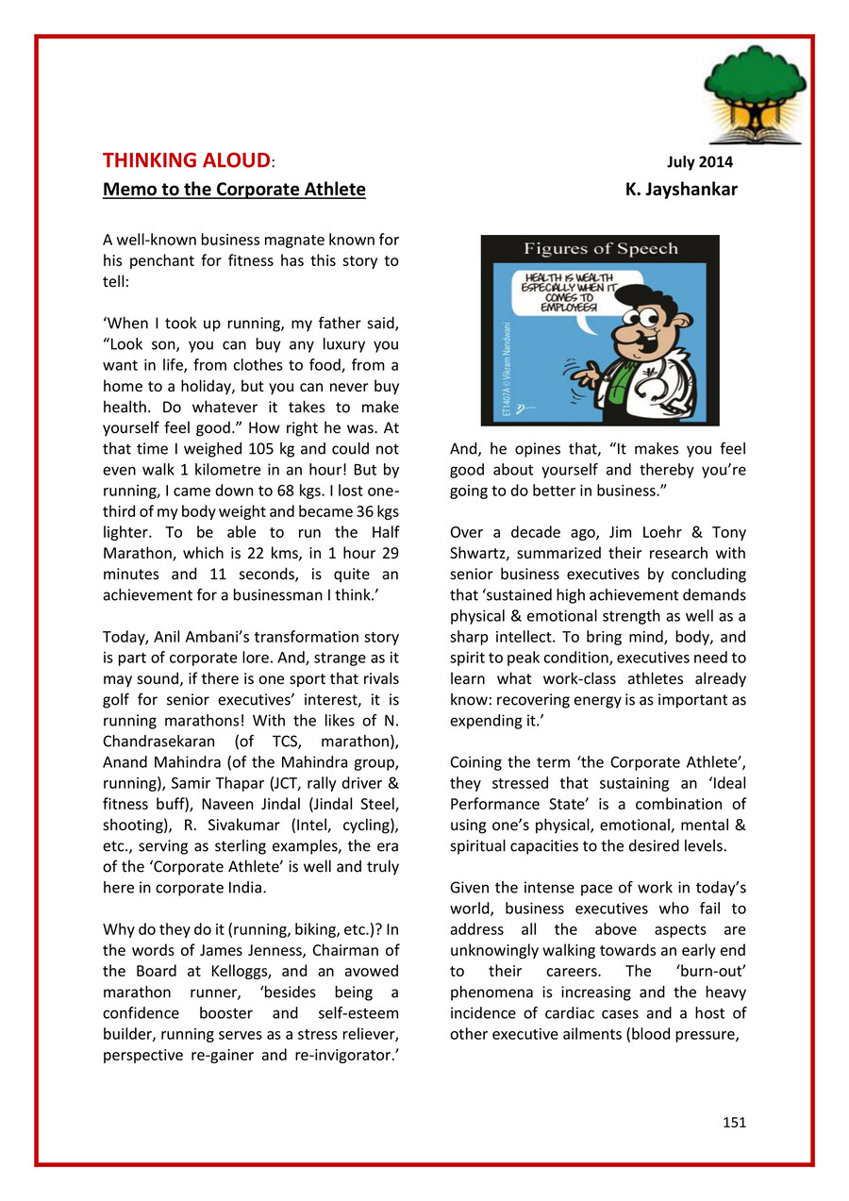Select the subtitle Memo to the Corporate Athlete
[x=234, y=189]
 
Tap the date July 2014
[x=700, y=162]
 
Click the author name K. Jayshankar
[x=681, y=189]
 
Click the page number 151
[x=734, y=1122]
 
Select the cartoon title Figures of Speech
[x=601, y=249]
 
